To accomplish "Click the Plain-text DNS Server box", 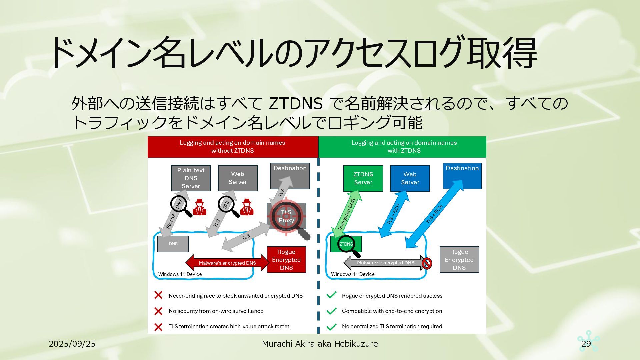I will click(x=191, y=178).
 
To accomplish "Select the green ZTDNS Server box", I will click(x=363, y=178).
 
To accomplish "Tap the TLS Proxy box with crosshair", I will click(x=286, y=216).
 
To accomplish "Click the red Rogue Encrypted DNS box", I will click(x=286, y=260).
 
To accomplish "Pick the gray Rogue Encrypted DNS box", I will click(x=459, y=260).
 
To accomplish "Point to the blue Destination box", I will click(x=462, y=176).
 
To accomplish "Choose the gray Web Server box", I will click(x=238, y=178).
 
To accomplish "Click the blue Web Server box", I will click(x=410, y=178).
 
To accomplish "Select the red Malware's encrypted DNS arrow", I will click(x=227, y=263).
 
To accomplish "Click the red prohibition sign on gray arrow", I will click(x=427, y=263).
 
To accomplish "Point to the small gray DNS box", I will click(x=173, y=244).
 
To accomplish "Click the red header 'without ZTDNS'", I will click(x=233, y=147).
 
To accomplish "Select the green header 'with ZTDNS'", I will click(x=404, y=147).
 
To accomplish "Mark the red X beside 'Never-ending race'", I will click(x=158, y=295).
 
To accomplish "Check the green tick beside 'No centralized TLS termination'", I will click(x=331, y=327).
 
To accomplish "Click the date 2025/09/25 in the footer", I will click(x=72, y=344).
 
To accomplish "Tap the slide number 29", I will click(x=586, y=344).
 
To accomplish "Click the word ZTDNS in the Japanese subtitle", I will click(x=295, y=104).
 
